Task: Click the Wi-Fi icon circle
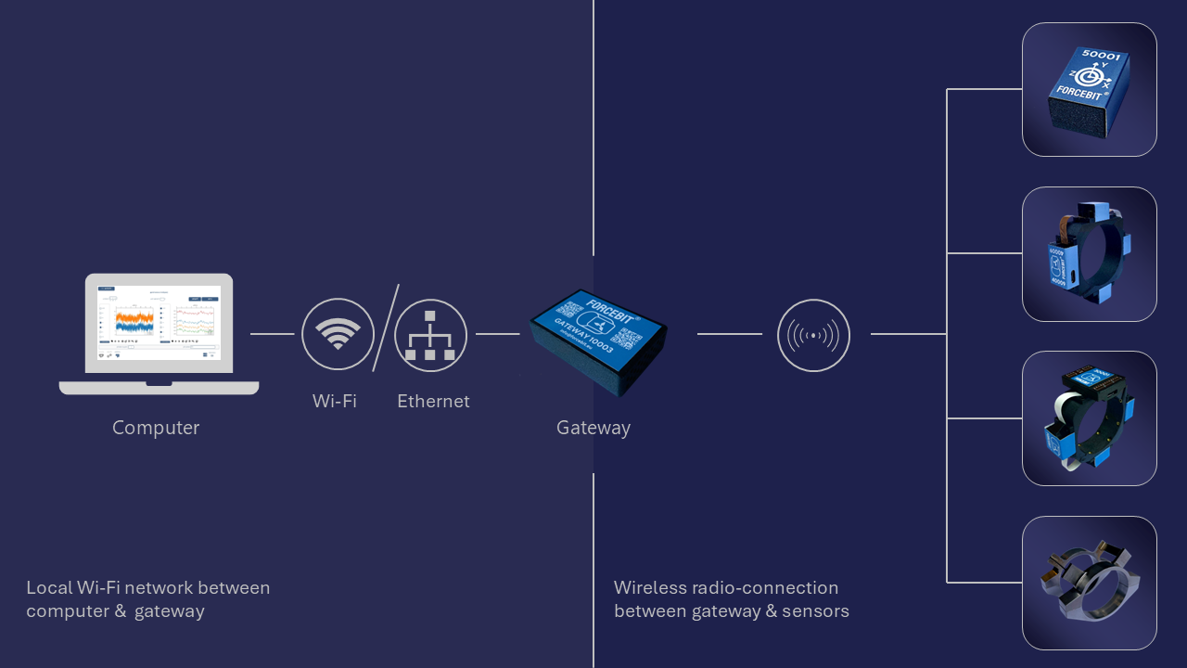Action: (338, 334)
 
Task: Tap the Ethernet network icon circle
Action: (430, 334)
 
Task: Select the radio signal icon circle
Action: (813, 334)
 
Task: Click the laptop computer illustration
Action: (159, 332)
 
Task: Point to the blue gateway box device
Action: (598, 340)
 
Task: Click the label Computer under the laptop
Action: (156, 428)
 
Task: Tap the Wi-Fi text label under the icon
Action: (335, 401)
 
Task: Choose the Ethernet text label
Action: (433, 401)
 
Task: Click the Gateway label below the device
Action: (593, 428)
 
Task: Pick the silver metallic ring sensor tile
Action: (1090, 583)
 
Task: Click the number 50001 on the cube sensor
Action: (1102, 57)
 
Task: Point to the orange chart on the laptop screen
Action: (134, 321)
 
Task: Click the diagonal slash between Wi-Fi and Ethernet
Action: (386, 328)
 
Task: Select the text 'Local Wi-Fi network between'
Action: (148, 587)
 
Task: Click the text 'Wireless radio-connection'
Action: (726, 587)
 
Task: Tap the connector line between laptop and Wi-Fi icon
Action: (272, 334)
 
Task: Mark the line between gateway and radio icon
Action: (729, 334)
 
